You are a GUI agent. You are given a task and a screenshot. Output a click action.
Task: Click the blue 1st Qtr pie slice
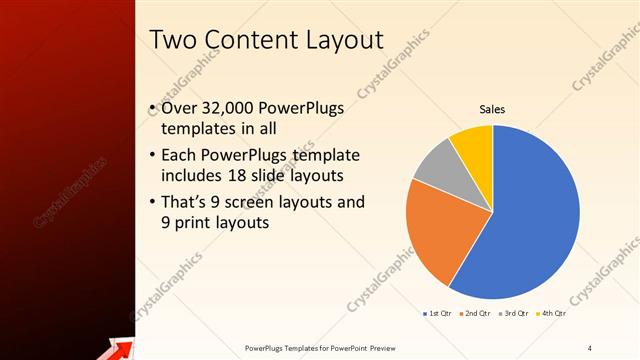pyautogui.click(x=530, y=220)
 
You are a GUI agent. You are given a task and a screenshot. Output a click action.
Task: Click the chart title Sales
pyautogui.click(x=492, y=109)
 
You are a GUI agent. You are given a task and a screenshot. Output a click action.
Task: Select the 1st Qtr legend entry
pyautogui.click(x=437, y=315)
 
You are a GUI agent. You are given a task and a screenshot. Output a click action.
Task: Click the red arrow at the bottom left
pyautogui.click(x=119, y=347)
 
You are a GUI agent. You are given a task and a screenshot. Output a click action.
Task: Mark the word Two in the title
pyautogui.click(x=171, y=40)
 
